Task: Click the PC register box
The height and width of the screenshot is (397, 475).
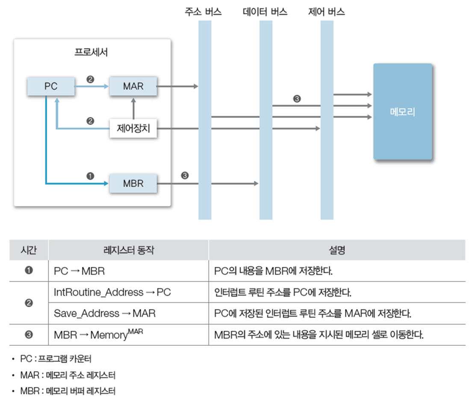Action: tap(50, 86)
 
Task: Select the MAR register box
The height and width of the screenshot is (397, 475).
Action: tap(133, 86)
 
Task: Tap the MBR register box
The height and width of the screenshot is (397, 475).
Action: tap(133, 184)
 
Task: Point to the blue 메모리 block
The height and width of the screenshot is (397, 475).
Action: tap(402, 112)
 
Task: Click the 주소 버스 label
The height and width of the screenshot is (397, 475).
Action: tap(203, 12)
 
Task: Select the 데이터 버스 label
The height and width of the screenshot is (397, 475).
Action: tap(265, 12)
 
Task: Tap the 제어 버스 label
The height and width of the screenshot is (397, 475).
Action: tap(326, 12)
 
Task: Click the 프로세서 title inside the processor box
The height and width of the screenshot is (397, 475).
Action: tap(91, 53)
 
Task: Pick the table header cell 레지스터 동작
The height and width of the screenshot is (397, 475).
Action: tap(128, 250)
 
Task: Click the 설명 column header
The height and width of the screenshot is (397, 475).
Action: tap(337, 250)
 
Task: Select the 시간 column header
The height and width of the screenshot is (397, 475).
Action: tap(29, 250)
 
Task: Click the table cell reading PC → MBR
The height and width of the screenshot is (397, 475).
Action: tap(80, 271)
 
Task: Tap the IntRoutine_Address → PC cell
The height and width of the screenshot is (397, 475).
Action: tap(112, 292)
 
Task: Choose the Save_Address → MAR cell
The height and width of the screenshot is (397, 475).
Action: tap(105, 313)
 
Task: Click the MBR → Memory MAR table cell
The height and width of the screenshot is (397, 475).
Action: tap(98, 334)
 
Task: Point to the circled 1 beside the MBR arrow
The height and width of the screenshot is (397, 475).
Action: tap(90, 175)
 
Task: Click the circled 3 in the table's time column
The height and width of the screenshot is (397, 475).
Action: tap(29, 334)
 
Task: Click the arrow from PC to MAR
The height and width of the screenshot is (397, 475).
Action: tap(91, 87)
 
